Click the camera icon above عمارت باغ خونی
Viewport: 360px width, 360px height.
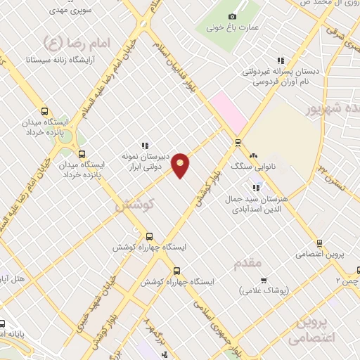point(233,16)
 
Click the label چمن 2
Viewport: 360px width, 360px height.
point(347,281)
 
